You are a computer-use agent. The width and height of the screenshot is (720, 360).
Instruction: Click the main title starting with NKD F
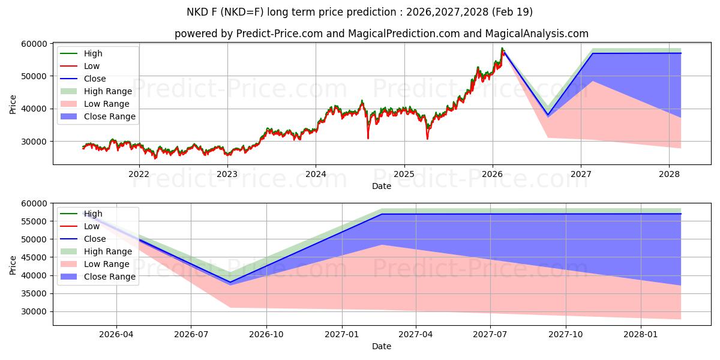point(360,12)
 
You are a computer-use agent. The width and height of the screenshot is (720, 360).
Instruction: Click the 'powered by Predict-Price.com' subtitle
point(381,34)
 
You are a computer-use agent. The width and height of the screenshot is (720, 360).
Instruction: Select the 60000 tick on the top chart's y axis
point(35,44)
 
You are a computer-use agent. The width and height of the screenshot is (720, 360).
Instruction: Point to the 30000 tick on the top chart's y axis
point(35,142)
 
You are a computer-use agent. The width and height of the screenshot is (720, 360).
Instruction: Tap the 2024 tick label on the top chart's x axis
point(316,174)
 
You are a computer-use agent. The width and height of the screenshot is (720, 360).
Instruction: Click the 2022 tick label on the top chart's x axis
point(139,174)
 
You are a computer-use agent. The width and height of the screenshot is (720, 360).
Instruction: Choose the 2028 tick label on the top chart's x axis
point(669,174)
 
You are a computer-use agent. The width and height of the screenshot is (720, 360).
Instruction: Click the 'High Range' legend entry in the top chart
point(107,91)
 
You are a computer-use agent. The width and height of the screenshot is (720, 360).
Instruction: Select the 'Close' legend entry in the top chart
point(95,79)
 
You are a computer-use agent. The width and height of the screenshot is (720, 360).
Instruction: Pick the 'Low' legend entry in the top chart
point(92,66)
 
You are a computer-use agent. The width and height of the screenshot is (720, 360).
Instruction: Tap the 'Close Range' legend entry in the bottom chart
point(109,277)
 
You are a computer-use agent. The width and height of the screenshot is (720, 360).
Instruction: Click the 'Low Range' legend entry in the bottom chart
point(106,264)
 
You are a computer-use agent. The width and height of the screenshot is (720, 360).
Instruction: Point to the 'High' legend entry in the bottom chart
point(93,214)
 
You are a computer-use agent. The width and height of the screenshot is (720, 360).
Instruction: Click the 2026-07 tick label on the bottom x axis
point(191,334)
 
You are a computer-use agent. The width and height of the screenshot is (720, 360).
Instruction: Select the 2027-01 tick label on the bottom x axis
point(341,334)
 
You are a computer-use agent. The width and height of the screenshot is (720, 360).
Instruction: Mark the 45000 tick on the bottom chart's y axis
point(35,257)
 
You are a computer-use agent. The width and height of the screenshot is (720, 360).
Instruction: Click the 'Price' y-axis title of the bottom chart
point(13,264)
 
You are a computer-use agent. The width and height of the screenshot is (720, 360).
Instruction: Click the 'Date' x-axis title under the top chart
point(381,186)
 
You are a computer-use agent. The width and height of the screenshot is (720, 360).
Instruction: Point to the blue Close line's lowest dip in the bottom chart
point(230,282)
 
